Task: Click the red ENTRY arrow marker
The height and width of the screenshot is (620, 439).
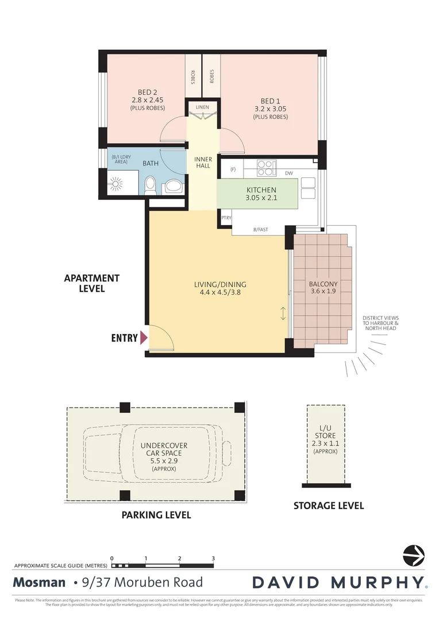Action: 143,338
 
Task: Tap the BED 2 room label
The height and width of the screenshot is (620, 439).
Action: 148,92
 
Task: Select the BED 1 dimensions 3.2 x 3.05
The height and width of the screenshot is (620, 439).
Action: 271,108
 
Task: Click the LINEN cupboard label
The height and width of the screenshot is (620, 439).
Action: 202,107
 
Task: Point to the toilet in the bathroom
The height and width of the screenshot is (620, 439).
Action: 151,185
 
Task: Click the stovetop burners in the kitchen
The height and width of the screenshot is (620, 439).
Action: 265,167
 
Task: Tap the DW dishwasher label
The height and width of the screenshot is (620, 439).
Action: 289,173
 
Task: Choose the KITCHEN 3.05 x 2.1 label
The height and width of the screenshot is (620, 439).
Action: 261,194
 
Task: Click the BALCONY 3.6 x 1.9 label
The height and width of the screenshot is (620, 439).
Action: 323,287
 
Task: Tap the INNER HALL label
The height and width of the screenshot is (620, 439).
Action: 203,162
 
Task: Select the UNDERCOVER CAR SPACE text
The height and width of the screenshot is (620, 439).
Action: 164,453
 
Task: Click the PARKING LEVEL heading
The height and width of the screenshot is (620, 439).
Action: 156,515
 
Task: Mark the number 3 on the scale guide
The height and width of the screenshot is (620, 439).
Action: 213,558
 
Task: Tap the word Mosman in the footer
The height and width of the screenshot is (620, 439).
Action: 39,583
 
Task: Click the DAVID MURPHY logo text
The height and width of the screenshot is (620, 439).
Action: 339,583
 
